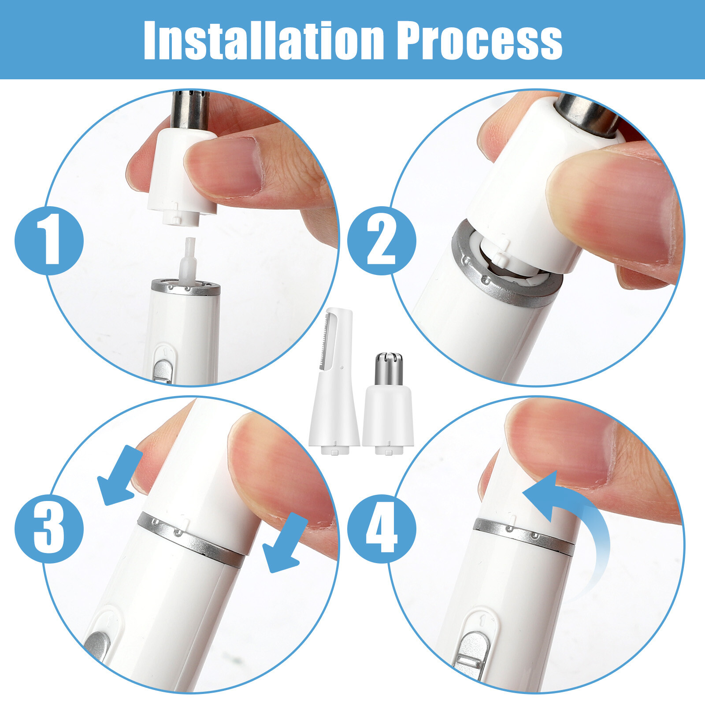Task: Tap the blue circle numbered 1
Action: coord(49,241)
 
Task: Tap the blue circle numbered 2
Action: coord(382,241)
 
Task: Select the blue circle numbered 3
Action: coord(49,528)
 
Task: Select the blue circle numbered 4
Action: coord(382,528)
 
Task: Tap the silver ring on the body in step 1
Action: coord(186,287)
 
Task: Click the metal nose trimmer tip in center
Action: coord(389,368)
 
